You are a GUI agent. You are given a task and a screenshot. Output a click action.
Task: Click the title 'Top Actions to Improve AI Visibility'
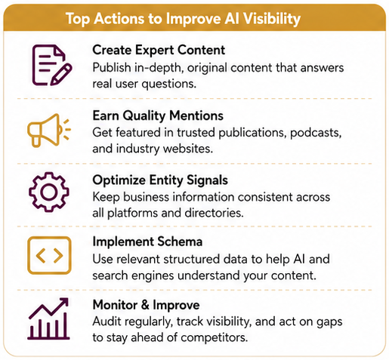tap(183, 19)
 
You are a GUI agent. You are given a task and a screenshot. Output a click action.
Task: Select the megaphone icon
tap(49, 130)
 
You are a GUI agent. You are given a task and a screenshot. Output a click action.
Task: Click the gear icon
tap(49, 192)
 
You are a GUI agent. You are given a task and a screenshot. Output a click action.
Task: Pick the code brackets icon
tap(49, 255)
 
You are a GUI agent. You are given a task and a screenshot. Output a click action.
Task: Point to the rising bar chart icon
tap(48, 318)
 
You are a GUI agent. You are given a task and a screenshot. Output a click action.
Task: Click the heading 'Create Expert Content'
tap(159, 50)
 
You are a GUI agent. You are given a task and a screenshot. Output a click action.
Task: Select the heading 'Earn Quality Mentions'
tap(158, 115)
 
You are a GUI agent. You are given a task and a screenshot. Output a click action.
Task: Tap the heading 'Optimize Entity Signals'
tap(160, 180)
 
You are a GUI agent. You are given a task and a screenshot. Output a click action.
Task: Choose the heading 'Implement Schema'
tap(147, 242)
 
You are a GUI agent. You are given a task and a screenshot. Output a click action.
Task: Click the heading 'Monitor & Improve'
tap(146, 305)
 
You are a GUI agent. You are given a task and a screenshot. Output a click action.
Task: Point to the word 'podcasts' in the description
tap(316, 133)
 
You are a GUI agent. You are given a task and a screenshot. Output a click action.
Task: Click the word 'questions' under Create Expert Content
tap(168, 84)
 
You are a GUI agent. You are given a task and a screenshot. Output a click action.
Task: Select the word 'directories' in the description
tap(214, 213)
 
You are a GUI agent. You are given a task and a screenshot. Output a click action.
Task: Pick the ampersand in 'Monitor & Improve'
tap(145, 305)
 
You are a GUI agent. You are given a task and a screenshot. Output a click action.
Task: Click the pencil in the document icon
tap(61, 75)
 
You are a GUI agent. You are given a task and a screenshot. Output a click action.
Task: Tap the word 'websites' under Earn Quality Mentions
tap(187, 149)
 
